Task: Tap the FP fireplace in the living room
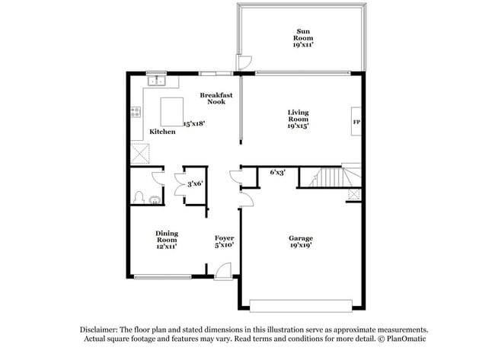click(x=356, y=122)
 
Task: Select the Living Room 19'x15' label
click(x=298, y=119)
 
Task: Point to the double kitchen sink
click(x=158, y=80)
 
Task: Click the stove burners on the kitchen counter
click(x=137, y=112)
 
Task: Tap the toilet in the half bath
click(x=139, y=198)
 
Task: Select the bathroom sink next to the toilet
click(x=155, y=200)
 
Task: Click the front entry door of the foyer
click(x=222, y=269)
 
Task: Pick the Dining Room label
click(x=166, y=240)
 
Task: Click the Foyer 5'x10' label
click(x=224, y=242)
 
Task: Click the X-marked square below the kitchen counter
click(x=139, y=154)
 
